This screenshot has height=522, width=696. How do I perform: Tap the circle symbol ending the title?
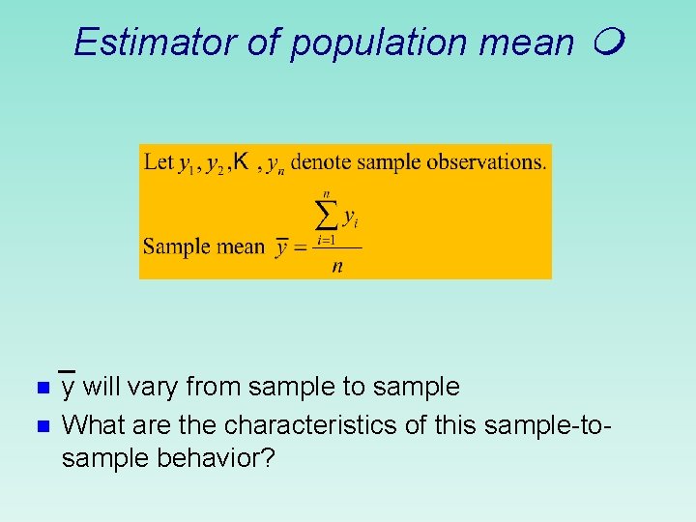point(611,42)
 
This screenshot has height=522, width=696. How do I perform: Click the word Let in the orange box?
point(158,161)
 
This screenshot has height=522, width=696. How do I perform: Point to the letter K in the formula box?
point(242,159)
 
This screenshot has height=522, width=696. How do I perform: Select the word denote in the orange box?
point(322,161)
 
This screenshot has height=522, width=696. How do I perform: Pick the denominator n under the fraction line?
point(336,266)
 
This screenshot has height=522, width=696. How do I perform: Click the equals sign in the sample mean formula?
point(301,247)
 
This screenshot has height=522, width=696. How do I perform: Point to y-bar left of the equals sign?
point(281,246)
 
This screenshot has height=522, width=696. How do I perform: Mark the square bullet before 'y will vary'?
point(42,389)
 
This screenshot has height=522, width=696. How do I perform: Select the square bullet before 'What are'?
point(42,425)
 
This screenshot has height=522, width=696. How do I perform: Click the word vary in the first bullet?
point(155,388)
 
